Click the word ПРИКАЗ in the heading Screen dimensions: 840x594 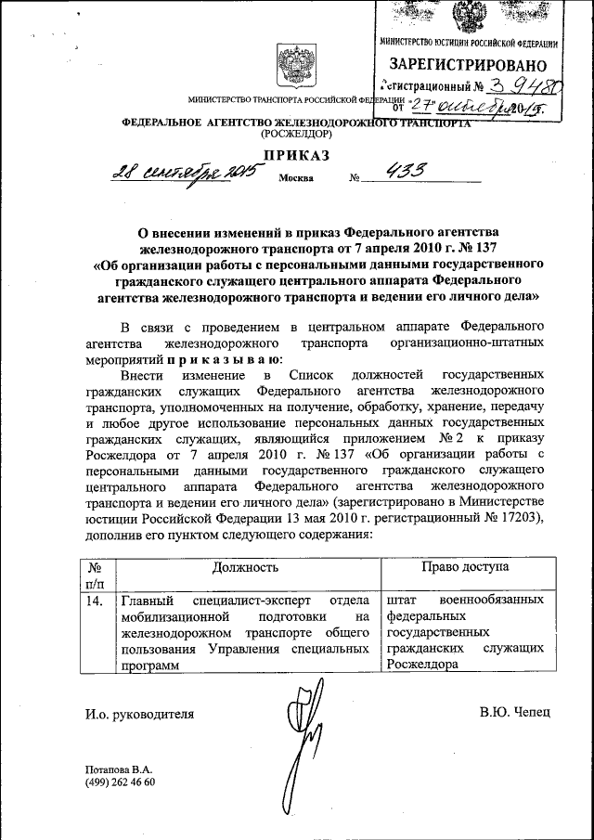click(x=296, y=155)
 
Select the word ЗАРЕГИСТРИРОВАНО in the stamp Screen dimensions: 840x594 click(x=469, y=64)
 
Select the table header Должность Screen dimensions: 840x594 click(x=245, y=566)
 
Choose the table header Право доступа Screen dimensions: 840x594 click(x=465, y=566)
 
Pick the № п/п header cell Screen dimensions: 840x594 click(x=94, y=575)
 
